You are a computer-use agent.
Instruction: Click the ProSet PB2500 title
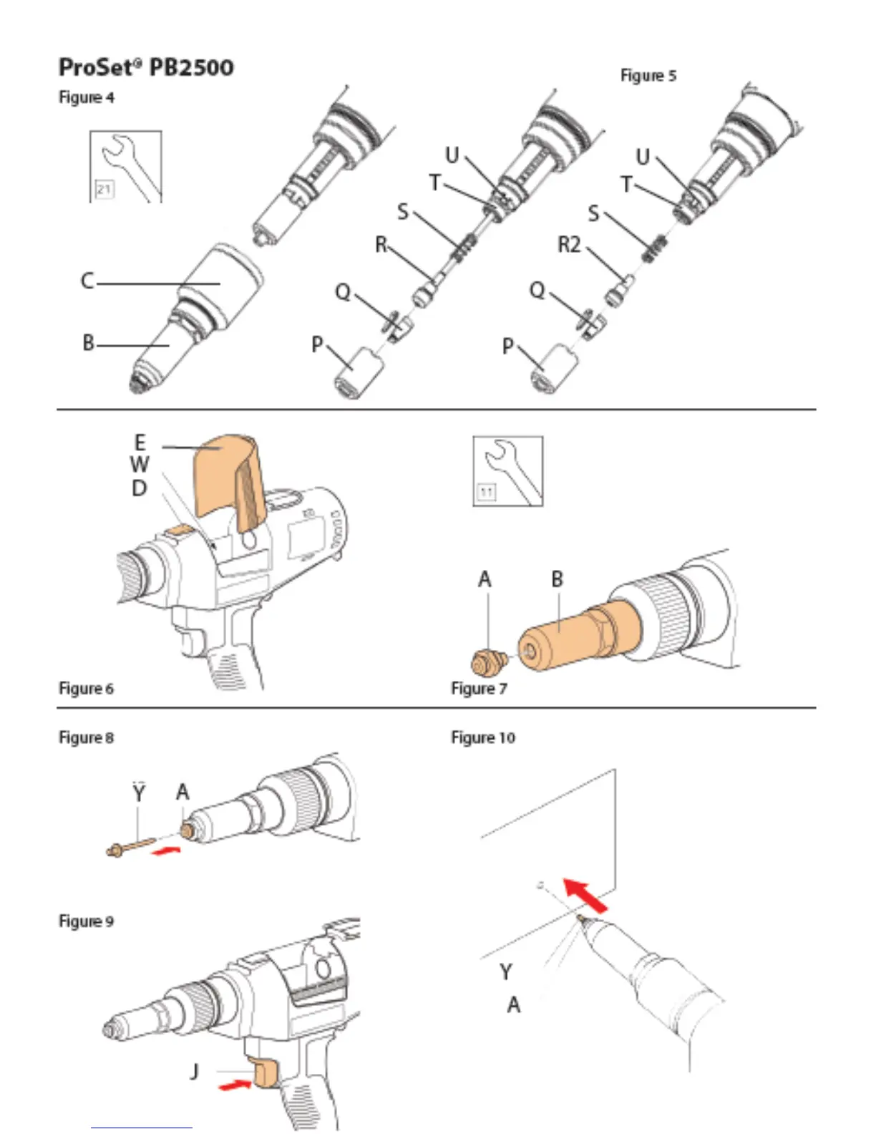pyautogui.click(x=146, y=67)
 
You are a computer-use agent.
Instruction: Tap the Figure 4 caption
pyautogui.click(x=86, y=97)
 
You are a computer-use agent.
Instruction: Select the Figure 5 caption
pyautogui.click(x=648, y=75)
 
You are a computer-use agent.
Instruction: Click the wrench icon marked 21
pyautogui.click(x=126, y=167)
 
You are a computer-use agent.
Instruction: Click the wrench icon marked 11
pyautogui.click(x=508, y=471)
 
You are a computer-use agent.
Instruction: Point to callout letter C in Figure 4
pyautogui.click(x=87, y=281)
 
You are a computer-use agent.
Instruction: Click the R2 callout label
pyautogui.click(x=569, y=246)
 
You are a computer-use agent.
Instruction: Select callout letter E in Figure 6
pyautogui.click(x=140, y=442)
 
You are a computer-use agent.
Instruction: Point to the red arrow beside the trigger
pyautogui.click(x=234, y=1086)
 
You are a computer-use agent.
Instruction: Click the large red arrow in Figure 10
pyautogui.click(x=586, y=896)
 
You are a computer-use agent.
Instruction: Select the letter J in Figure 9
pyautogui.click(x=195, y=1071)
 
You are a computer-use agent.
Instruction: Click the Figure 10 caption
pyautogui.click(x=482, y=737)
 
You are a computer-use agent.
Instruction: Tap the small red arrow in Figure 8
pyautogui.click(x=167, y=850)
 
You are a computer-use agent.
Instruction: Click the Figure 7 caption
pyautogui.click(x=479, y=688)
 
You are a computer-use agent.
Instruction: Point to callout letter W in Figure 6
pyautogui.click(x=140, y=465)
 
